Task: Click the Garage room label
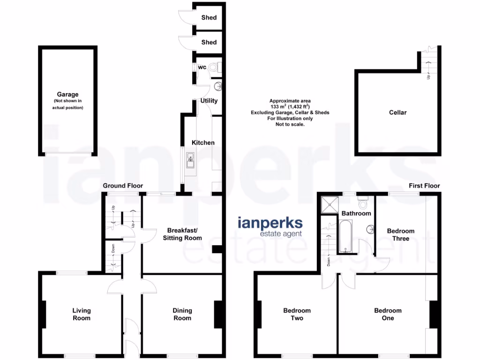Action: [x=67, y=94]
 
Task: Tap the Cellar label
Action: [x=397, y=112]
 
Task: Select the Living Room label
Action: [x=82, y=314]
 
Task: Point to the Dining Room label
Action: [x=182, y=314]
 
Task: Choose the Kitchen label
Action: [x=203, y=142]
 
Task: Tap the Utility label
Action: [x=209, y=101]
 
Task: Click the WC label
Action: [x=202, y=67]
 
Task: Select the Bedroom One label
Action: [x=388, y=314]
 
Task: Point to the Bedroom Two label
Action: [x=297, y=314]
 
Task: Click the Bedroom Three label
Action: [x=400, y=234]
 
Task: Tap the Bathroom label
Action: [x=356, y=213]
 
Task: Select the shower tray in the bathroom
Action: [x=330, y=204]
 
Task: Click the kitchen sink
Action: [x=191, y=160]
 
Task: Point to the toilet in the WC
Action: [x=216, y=67]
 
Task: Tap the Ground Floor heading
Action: [x=123, y=186]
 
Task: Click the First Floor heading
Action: [x=424, y=186]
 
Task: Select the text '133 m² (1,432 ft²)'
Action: [x=290, y=107]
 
